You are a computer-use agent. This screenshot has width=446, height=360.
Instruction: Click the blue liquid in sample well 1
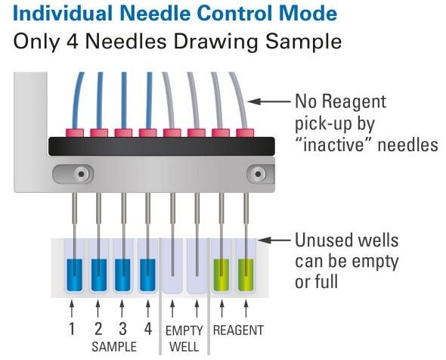coord(74,274)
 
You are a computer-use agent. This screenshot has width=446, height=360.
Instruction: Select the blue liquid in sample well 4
coord(147,274)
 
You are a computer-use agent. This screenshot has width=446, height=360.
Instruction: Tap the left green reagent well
coord(222,274)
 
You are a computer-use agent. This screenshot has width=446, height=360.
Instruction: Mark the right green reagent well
coord(246,274)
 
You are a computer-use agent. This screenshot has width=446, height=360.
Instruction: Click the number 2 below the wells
coord(98,329)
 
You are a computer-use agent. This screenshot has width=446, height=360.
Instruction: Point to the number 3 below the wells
coord(123,329)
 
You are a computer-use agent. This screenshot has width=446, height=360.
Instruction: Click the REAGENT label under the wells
coord(237,331)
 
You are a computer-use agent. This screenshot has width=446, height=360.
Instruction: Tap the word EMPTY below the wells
coord(184,331)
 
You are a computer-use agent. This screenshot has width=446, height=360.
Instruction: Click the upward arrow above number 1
coord(73,310)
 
